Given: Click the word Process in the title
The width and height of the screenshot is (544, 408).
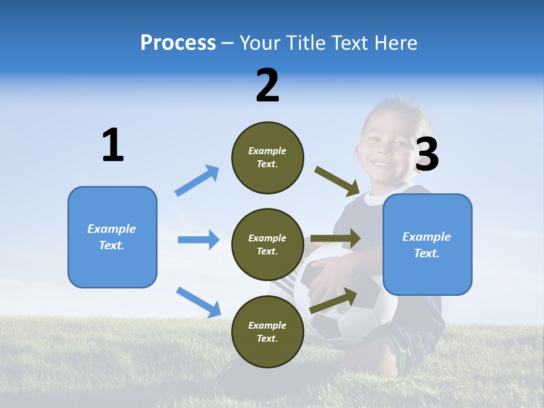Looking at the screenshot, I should (x=178, y=43).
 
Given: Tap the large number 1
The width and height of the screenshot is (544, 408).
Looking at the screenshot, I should (x=113, y=145).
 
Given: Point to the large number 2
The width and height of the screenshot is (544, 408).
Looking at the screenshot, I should (x=267, y=86).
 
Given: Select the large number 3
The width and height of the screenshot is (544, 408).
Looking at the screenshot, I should (x=427, y=154).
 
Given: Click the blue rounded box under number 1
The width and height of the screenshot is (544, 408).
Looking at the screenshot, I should (x=112, y=237).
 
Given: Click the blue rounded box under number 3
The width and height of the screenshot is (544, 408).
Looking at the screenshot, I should (x=427, y=244).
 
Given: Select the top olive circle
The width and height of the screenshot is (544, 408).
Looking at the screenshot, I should (x=267, y=158).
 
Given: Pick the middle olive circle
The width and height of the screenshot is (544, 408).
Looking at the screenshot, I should (x=267, y=244).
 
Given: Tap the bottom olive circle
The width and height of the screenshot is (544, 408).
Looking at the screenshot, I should (x=267, y=331).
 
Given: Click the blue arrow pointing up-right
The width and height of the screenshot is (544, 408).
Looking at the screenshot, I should (x=197, y=180).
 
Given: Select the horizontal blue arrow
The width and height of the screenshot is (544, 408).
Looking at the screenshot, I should (x=198, y=240).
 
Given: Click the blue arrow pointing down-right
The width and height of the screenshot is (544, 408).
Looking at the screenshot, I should (x=198, y=301).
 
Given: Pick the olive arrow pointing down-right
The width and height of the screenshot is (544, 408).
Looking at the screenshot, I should (x=337, y=181).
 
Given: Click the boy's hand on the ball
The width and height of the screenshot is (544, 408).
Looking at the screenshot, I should (x=326, y=278).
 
